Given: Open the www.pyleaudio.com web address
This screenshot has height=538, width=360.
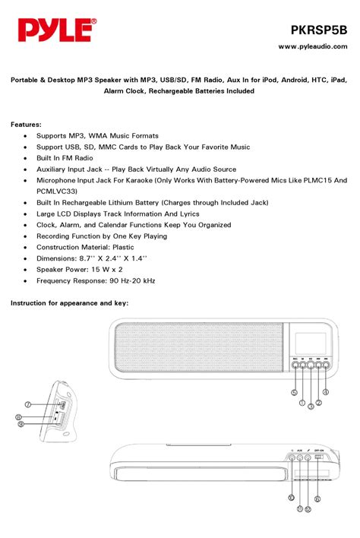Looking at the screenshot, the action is tap(312, 46).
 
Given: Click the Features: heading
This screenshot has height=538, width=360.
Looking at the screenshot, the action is tap(26, 123).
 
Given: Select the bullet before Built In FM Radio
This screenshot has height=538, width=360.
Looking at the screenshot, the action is tap(27, 157).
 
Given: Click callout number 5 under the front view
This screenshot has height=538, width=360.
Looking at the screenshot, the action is tap(293, 392).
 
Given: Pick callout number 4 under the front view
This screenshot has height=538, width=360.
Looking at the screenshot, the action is tap(326, 392).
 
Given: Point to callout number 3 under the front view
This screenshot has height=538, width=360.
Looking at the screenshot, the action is tap(311, 407).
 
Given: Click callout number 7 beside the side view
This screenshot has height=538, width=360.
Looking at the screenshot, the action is tap(27, 404).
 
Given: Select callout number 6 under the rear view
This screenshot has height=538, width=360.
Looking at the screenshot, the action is tap(317, 499).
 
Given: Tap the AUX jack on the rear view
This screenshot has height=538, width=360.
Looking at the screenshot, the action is tap(300, 458).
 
